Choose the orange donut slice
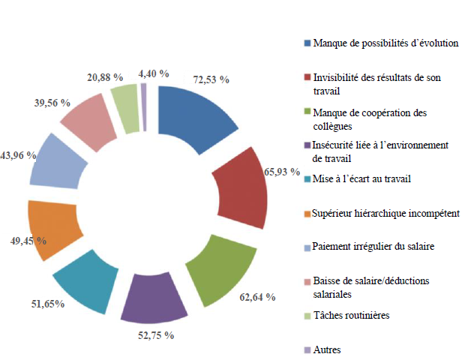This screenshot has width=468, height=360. [x=52, y=229]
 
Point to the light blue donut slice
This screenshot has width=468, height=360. [x=56, y=161]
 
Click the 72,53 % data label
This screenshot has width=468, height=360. [x=211, y=78]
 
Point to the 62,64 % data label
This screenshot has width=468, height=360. [x=256, y=297]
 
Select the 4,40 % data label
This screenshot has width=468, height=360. [x=154, y=73]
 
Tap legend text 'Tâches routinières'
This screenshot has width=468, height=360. [x=352, y=315]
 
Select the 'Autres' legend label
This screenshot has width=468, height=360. [x=328, y=349]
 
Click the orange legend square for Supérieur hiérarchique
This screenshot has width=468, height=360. [x=307, y=213]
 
